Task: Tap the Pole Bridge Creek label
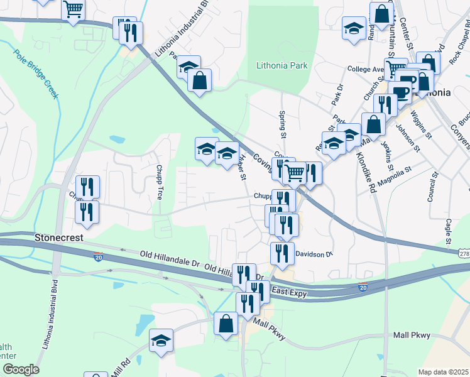tap(36, 74)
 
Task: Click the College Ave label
tap(364, 69)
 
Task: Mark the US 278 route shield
tap(464, 253)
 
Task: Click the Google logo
tap(21, 369)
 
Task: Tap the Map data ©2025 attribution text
tap(443, 372)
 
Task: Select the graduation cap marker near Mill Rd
tap(161, 340)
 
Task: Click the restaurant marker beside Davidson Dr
tap(282, 253)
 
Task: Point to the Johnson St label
tap(409, 138)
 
